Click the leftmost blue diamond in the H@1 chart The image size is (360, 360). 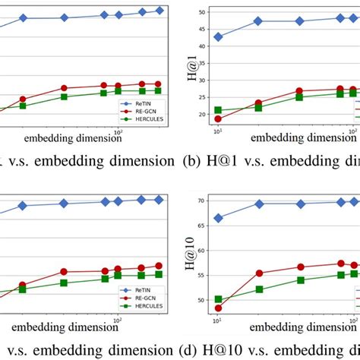click(x=219, y=37)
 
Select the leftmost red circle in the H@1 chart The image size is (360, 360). click(x=219, y=119)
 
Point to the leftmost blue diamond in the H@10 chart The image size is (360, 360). click(x=219, y=218)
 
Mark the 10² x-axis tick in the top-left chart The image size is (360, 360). click(x=117, y=133)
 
